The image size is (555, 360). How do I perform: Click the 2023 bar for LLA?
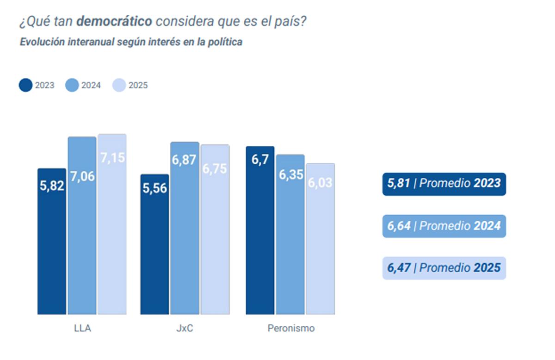click(x=52, y=241)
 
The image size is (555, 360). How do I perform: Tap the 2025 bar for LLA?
click(x=112, y=224)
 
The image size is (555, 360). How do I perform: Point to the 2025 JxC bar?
click(x=215, y=230)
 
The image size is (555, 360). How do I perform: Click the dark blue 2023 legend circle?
click(x=26, y=85)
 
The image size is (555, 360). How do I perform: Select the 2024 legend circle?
click(x=73, y=85)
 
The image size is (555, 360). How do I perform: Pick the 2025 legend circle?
click(x=119, y=85)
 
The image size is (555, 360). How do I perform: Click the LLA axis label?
click(x=82, y=329)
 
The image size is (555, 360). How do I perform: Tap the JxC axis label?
click(x=185, y=329)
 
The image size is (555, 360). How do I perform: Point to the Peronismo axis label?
click(x=291, y=329)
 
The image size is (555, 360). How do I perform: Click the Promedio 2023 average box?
click(x=444, y=184)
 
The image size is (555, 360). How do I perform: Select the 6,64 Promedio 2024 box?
click(x=444, y=226)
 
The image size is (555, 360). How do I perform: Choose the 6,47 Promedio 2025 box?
click(x=444, y=268)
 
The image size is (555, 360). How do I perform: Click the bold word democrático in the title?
click(x=114, y=21)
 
